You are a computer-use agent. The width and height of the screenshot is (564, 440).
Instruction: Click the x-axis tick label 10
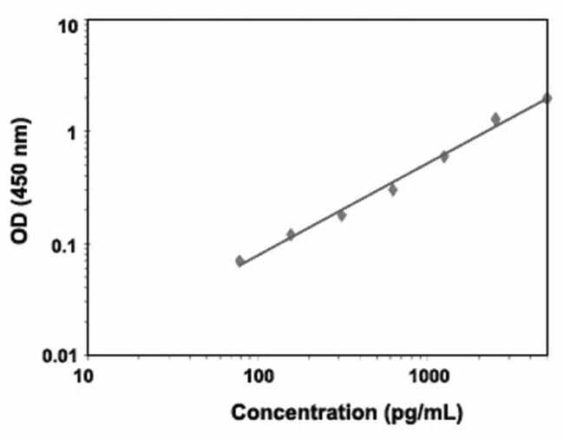[x=84, y=378]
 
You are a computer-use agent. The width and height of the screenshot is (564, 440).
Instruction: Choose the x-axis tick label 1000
[x=427, y=378]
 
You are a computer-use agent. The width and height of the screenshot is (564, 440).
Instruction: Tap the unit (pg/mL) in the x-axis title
[x=423, y=412]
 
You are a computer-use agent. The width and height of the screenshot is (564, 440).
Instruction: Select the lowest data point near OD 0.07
[x=239, y=260]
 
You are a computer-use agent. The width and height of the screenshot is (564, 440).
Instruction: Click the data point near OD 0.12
[x=291, y=234]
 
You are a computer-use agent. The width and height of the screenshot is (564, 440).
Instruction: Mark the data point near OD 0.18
[x=342, y=214]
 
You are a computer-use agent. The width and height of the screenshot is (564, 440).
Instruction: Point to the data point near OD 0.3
[x=392, y=189]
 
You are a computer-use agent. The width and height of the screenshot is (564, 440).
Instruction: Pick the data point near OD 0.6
[x=444, y=156]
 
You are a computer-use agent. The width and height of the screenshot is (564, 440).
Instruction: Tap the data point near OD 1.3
[x=495, y=118]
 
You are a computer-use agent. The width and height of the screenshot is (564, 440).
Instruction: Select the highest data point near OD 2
[x=547, y=98]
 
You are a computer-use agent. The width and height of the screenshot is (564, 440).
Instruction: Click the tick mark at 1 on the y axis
[x=88, y=132]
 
